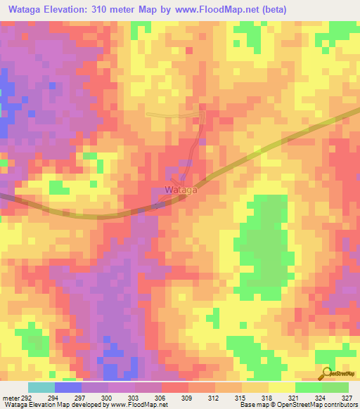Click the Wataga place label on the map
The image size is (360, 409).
click(181, 190)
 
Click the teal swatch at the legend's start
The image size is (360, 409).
click(41, 387)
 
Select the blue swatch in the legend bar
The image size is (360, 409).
click(68, 387)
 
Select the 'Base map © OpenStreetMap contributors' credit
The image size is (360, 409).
click(298, 405)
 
